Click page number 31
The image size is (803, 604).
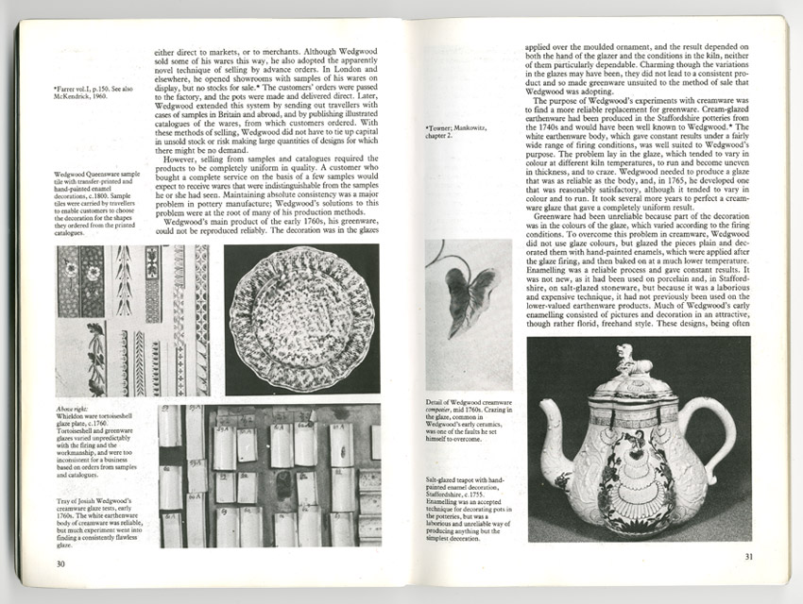coord(745,556)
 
